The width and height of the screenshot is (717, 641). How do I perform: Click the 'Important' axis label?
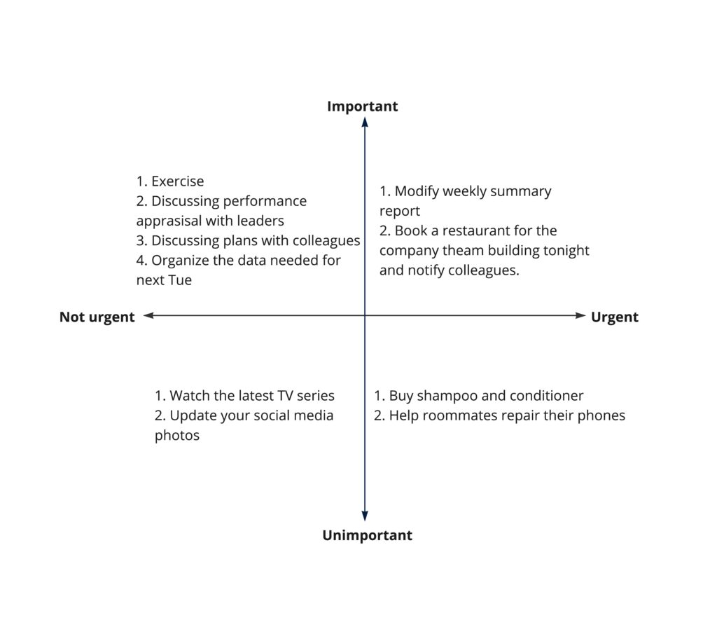362,106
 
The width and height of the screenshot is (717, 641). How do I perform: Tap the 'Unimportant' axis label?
367,536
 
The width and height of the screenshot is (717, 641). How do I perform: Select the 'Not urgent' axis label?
97,317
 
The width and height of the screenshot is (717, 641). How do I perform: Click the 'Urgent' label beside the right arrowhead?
614,317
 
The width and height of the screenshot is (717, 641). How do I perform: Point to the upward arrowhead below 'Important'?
365,122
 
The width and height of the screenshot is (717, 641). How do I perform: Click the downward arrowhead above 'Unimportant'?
365,516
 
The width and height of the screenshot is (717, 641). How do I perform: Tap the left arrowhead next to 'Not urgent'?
148,316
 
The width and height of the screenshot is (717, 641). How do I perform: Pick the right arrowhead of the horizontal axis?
580,316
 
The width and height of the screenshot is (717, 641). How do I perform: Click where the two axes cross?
365,316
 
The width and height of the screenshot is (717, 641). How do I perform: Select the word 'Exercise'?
177,182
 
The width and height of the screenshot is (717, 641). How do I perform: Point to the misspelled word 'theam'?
460,250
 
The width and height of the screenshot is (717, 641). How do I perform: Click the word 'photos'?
177,435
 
